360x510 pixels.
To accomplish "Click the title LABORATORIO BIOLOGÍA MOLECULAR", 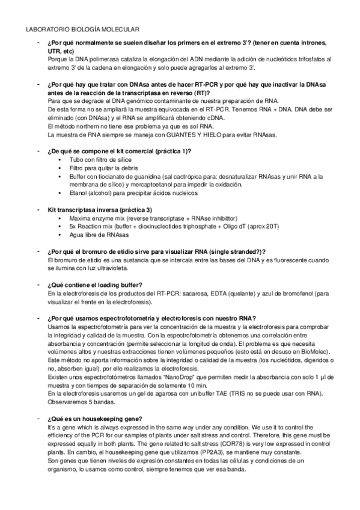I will click(x=83, y=28).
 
